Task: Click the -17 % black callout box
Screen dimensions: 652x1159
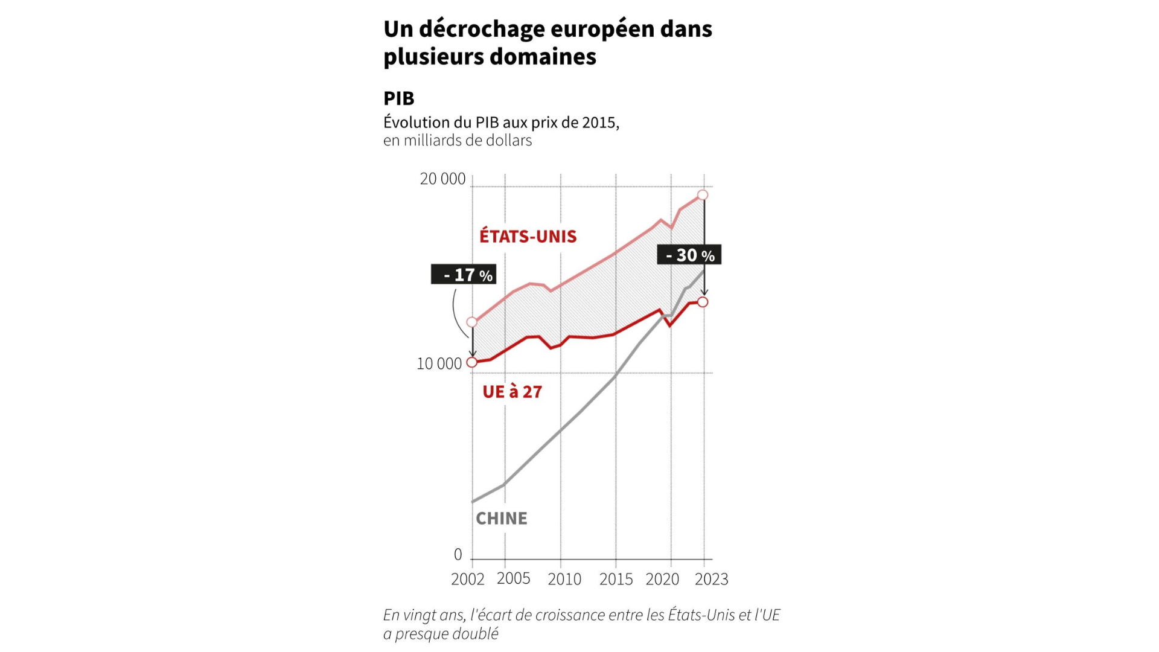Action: (464, 275)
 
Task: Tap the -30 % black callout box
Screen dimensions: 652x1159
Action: (689, 255)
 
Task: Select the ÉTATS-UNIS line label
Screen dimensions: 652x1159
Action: (528, 236)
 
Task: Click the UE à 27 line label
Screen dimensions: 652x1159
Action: (512, 392)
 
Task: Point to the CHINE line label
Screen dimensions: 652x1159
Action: (501, 519)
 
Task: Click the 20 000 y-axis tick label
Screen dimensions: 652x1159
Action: (442, 179)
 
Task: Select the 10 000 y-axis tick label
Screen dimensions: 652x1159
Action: (439, 364)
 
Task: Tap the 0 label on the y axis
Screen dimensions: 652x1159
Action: (458, 554)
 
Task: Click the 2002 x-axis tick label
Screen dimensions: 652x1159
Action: (467, 580)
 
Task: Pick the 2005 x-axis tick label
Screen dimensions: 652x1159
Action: (513, 578)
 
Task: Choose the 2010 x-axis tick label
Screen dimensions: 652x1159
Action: (564, 580)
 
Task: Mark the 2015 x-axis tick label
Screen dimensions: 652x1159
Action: (616, 580)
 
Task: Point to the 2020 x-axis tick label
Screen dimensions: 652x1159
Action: (662, 580)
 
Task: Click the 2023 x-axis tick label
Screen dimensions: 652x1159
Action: (711, 580)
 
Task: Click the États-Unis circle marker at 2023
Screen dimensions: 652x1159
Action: (703, 195)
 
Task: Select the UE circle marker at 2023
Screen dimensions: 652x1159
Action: (703, 302)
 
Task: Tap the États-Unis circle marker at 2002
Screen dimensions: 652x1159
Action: (472, 322)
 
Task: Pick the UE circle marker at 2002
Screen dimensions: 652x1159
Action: (472, 362)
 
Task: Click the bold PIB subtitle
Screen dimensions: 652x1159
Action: (398, 98)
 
